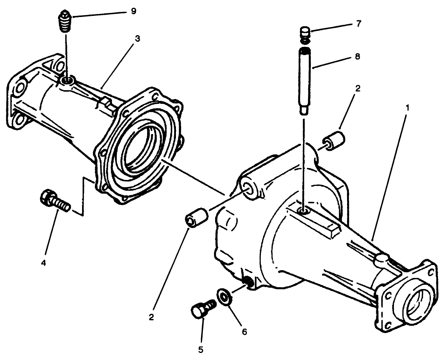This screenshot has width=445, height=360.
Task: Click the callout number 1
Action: tap(407, 108)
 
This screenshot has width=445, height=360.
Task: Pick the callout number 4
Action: tap(44, 263)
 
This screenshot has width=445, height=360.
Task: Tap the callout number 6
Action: tap(244, 332)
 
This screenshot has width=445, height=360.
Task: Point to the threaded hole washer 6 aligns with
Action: tap(248, 283)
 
